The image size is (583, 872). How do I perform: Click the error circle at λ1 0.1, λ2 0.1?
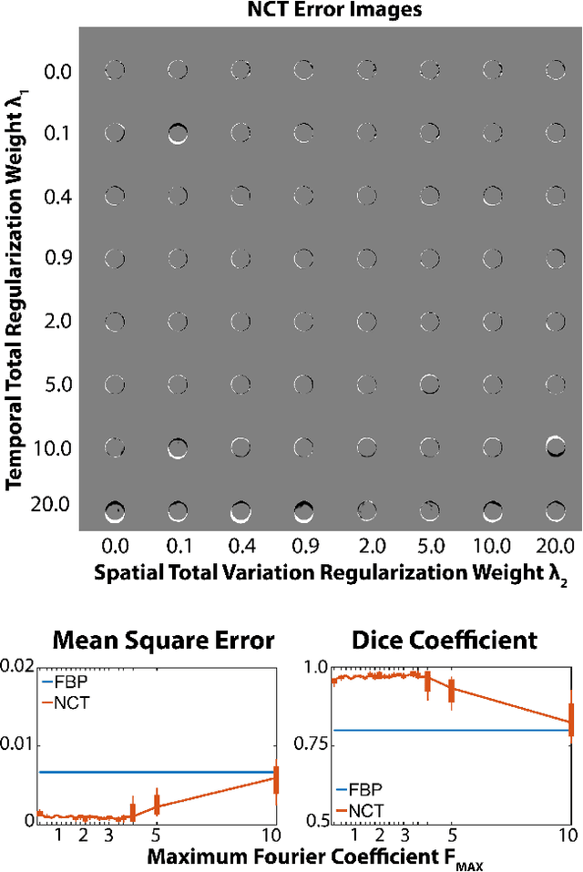click(178, 134)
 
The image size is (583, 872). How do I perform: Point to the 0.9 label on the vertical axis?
click(57, 259)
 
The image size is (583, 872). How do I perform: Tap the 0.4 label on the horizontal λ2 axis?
click(240, 546)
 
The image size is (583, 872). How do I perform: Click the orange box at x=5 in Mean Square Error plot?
click(157, 804)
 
